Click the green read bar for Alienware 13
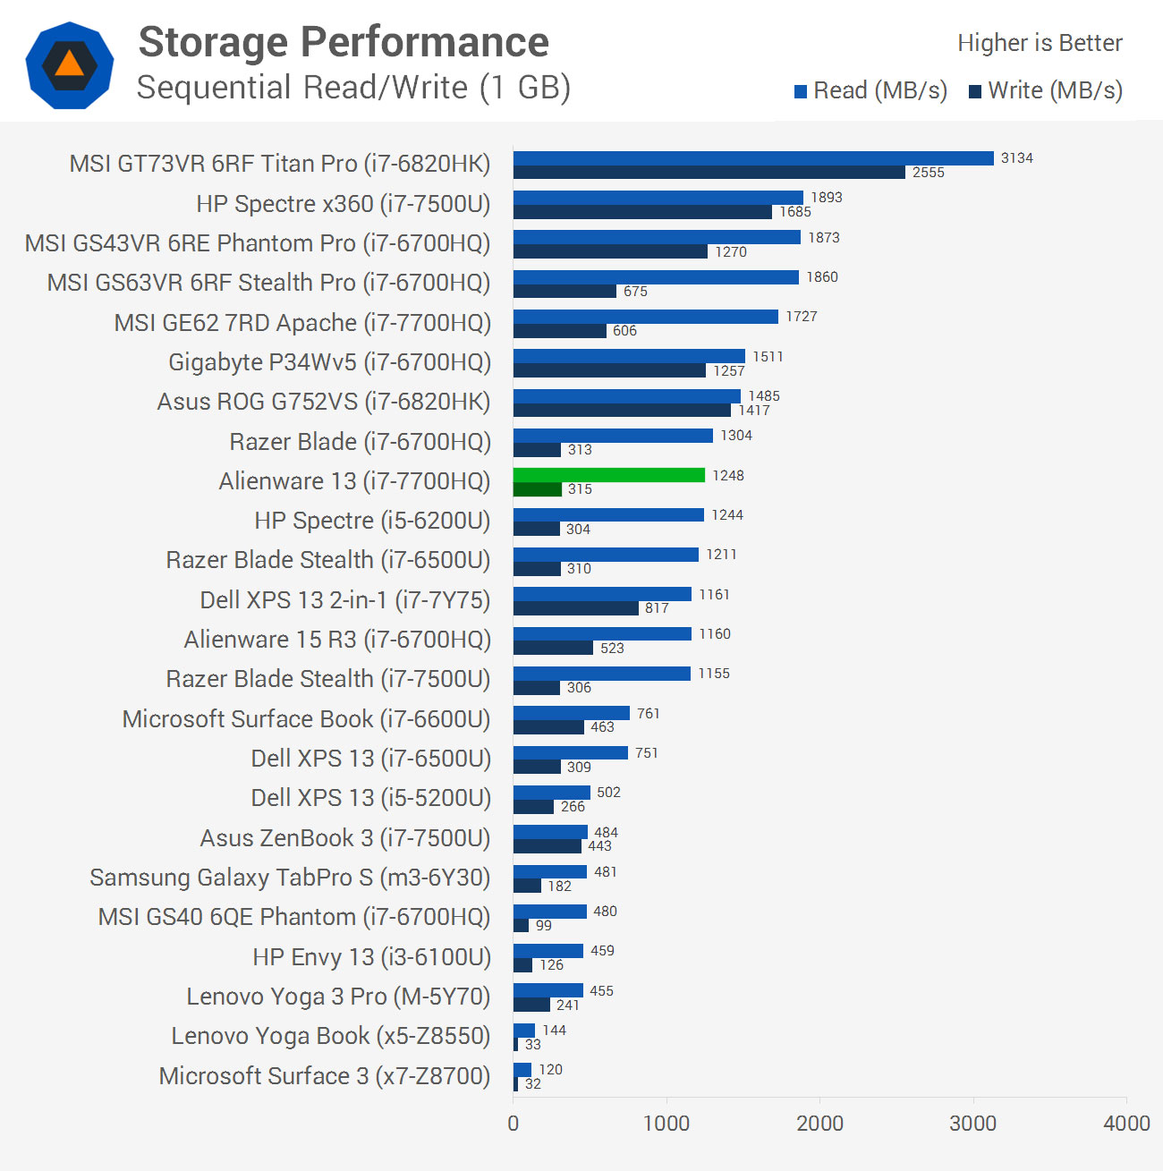[609, 475]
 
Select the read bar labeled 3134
[753, 158]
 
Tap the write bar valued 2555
[709, 173]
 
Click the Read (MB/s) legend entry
[870, 90]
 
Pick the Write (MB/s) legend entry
[1046, 90]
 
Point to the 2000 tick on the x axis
[819, 1124]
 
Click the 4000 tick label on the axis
[1126, 1124]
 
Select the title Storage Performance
[344, 42]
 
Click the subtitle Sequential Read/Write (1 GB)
[353, 88]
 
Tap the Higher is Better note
[1040, 43]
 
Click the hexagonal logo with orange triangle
[70, 65]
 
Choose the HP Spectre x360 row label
[344, 204]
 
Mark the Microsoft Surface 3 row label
[325, 1075]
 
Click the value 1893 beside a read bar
[827, 198]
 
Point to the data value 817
[657, 608]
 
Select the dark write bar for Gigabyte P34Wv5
[609, 370]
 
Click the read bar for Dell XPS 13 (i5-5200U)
[552, 793]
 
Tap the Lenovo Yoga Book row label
[331, 1036]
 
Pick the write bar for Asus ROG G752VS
[622, 410]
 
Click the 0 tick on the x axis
[514, 1124]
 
